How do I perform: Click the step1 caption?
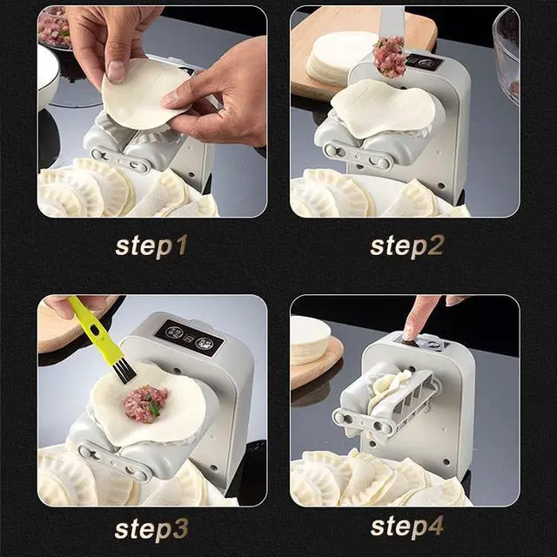click(151, 245)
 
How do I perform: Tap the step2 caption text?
click(406, 245)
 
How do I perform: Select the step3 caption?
click(151, 527)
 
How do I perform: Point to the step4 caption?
click(406, 527)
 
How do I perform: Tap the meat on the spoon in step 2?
click(389, 57)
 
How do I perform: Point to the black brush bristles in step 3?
click(122, 369)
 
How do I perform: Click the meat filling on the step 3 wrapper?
click(145, 403)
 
